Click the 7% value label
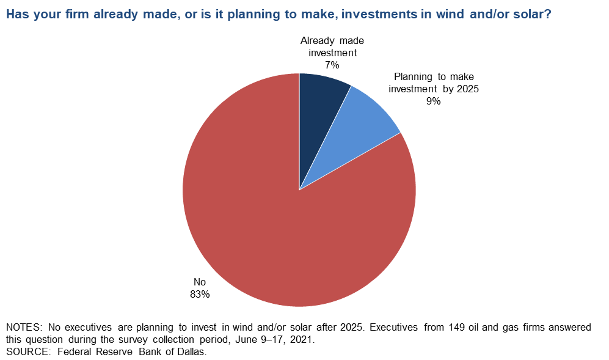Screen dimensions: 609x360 (x=332, y=65)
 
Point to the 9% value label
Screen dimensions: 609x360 (x=434, y=101)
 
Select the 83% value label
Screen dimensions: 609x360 (x=200, y=295)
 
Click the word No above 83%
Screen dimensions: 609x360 (x=200, y=282)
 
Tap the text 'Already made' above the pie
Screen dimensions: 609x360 (x=332, y=40)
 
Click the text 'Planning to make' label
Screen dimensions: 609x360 (x=434, y=76)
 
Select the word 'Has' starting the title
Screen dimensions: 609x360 (x=17, y=15)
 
